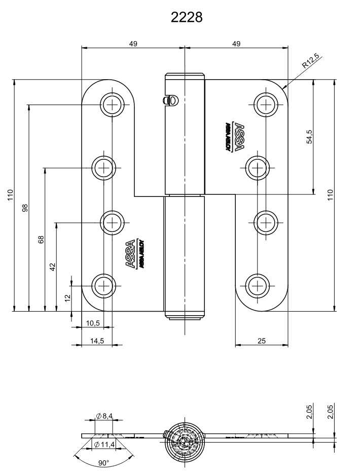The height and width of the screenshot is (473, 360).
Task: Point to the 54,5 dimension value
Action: click(309, 137)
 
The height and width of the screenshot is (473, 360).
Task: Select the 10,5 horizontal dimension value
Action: click(93, 323)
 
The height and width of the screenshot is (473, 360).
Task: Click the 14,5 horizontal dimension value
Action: click(96, 341)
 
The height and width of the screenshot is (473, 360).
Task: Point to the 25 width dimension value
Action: click(262, 341)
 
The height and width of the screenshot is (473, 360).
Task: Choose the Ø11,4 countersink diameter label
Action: click(104, 445)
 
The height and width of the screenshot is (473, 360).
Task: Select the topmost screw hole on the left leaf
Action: click(112, 105)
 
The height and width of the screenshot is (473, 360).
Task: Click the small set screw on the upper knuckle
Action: click(170, 100)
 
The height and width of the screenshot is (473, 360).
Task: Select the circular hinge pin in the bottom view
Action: click(185, 437)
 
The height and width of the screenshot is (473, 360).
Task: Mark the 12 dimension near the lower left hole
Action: click(68, 298)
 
